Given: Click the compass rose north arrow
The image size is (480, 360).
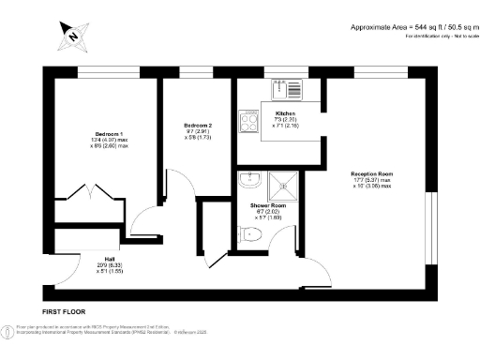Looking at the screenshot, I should (x=71, y=36).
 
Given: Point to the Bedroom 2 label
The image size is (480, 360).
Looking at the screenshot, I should (x=197, y=125).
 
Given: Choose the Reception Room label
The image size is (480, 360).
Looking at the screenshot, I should (x=371, y=174).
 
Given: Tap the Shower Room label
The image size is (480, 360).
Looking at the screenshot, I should (x=267, y=204).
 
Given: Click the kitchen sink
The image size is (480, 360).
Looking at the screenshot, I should (x=288, y=90).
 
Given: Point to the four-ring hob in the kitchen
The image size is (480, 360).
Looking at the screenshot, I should (x=250, y=122).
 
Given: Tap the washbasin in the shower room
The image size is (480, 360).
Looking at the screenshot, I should (x=248, y=179).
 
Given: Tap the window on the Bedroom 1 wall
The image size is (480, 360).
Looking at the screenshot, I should (x=103, y=73).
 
